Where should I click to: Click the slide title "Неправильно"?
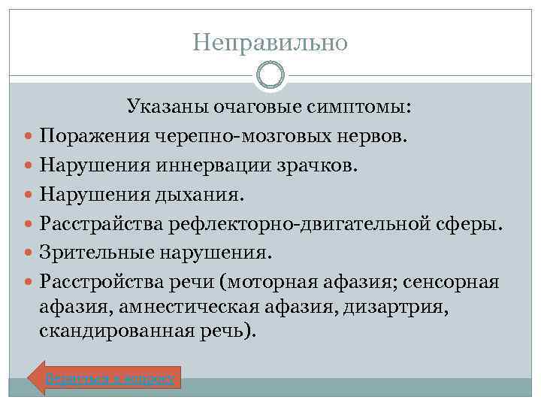point(270,43)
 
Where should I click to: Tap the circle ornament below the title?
point(270,76)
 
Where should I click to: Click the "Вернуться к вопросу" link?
point(110,378)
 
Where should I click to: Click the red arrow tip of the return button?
point(35,378)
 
